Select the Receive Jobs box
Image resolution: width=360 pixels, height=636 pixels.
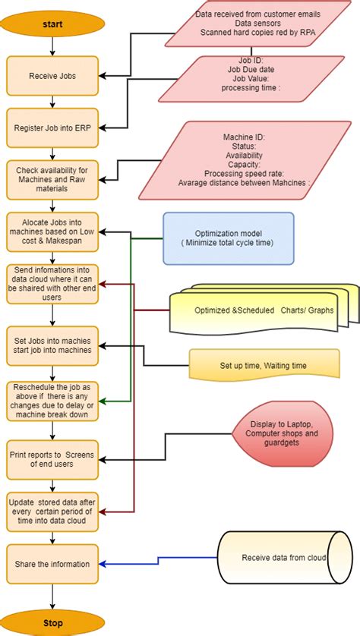[x=52, y=75]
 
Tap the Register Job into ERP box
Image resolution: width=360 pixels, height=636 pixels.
[x=52, y=128]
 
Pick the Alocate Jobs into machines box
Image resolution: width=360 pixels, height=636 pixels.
[x=52, y=231]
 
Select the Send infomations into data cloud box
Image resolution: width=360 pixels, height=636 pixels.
[x=52, y=283]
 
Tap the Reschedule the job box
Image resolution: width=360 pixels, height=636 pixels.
[x=52, y=400]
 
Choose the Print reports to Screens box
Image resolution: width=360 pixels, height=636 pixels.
[x=52, y=459]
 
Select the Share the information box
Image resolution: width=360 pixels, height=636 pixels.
[x=52, y=563]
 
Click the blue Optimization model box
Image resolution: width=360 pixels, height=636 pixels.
[x=228, y=238]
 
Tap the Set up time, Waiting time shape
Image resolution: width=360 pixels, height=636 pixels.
[x=263, y=365]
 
